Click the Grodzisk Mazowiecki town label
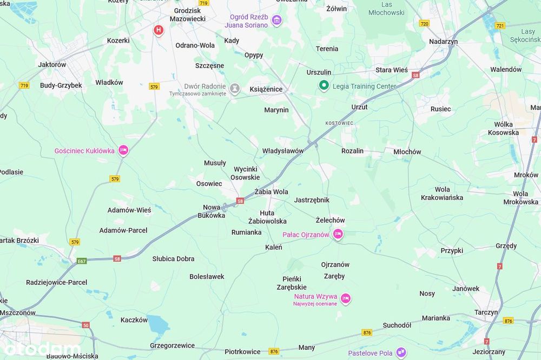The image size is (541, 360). click(x=187, y=15)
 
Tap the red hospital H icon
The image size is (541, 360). click(x=159, y=30)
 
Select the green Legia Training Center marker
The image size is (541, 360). click(x=324, y=85)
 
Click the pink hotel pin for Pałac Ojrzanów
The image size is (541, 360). click(x=338, y=234)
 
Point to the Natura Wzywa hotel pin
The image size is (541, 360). click(x=346, y=298)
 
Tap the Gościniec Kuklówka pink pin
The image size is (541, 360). click(x=123, y=150)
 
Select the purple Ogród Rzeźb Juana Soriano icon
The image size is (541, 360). click(x=277, y=21)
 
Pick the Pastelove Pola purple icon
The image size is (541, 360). click(x=401, y=353)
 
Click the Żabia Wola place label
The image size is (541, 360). click(x=271, y=192)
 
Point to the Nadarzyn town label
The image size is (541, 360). click(x=443, y=42)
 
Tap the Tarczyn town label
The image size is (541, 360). click(x=486, y=312)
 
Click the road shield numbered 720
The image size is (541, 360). click(x=424, y=24)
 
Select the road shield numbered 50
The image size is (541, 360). click(x=86, y=325)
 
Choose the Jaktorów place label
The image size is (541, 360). click(x=52, y=65)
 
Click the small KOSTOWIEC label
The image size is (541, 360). click(x=339, y=123)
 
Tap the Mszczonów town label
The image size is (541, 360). click(x=17, y=312)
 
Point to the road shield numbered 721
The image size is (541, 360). click(x=500, y=25)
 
